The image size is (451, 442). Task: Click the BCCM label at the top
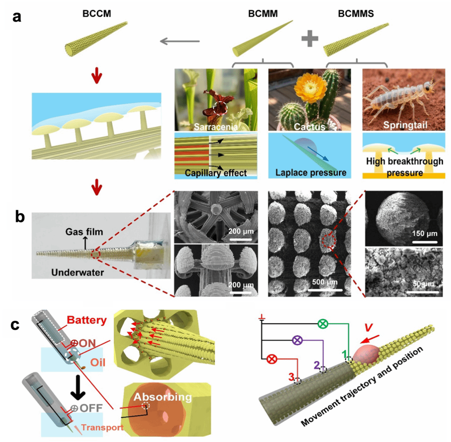click(97, 14)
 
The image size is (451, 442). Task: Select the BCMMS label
click(356, 14)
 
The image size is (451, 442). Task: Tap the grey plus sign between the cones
click(310, 39)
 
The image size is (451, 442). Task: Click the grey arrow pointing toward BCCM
click(180, 41)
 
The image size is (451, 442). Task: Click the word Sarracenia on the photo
click(216, 127)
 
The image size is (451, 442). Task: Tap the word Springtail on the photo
click(405, 125)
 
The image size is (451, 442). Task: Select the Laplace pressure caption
click(311, 173)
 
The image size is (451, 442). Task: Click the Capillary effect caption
click(216, 173)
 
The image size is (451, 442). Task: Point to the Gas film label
click(84, 232)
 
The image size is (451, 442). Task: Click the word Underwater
click(78, 272)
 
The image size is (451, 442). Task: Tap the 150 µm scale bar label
click(425, 234)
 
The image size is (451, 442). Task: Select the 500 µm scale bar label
click(325, 282)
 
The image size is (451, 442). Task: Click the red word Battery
click(87, 320)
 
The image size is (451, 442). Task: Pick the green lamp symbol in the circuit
click(323, 324)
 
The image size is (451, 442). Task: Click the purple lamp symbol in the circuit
click(297, 341)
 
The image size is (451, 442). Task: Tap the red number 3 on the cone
click(292, 376)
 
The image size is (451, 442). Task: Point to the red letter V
click(368, 327)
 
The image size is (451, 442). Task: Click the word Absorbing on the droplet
click(163, 397)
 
